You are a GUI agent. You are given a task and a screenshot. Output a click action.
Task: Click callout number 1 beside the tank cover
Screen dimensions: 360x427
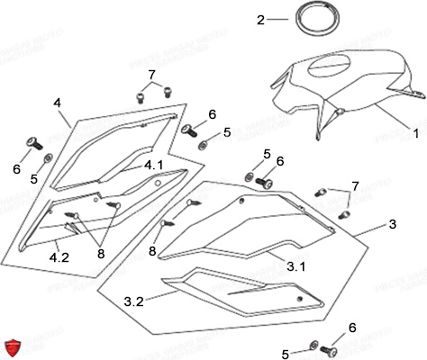pos(415,132)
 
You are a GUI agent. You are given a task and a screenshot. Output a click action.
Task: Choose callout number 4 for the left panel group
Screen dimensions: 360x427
pos(58,103)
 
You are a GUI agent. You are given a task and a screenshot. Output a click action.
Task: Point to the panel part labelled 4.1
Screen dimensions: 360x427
pos(117,148)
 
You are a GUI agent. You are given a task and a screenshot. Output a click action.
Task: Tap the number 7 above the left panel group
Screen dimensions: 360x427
pos(150,74)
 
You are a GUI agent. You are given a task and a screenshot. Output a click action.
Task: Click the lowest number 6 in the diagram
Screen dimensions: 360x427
pos(351,329)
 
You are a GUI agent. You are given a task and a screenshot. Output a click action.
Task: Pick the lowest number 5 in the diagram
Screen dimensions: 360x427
pos(287,354)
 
